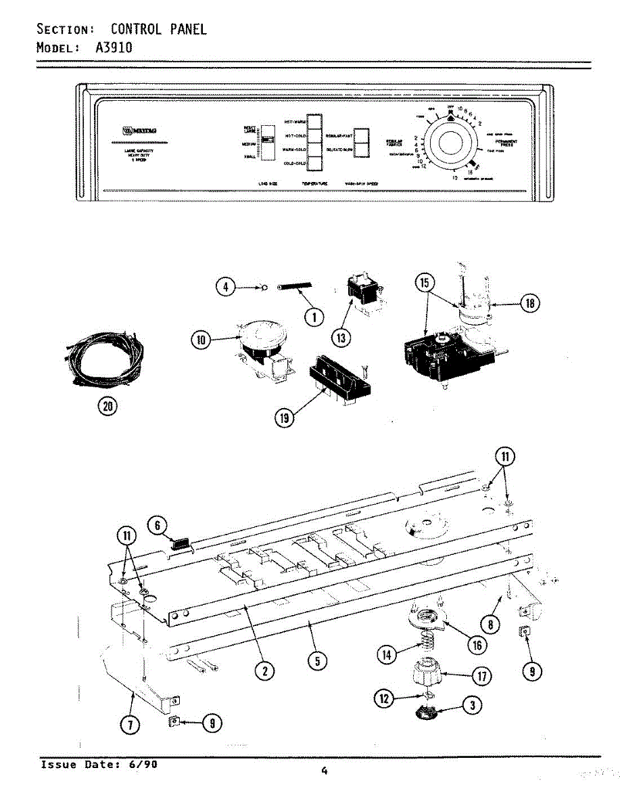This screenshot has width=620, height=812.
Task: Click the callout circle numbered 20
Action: [x=108, y=406]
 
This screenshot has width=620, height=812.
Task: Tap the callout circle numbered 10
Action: [x=201, y=341]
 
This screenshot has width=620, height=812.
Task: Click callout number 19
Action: [x=285, y=419]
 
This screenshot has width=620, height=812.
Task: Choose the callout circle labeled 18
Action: [x=530, y=304]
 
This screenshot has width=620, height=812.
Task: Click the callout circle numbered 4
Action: [x=226, y=287]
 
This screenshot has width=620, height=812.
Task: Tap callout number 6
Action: [x=157, y=525]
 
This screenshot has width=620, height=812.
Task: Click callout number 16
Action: [x=477, y=644]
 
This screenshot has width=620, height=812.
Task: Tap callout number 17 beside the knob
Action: [x=481, y=675]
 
